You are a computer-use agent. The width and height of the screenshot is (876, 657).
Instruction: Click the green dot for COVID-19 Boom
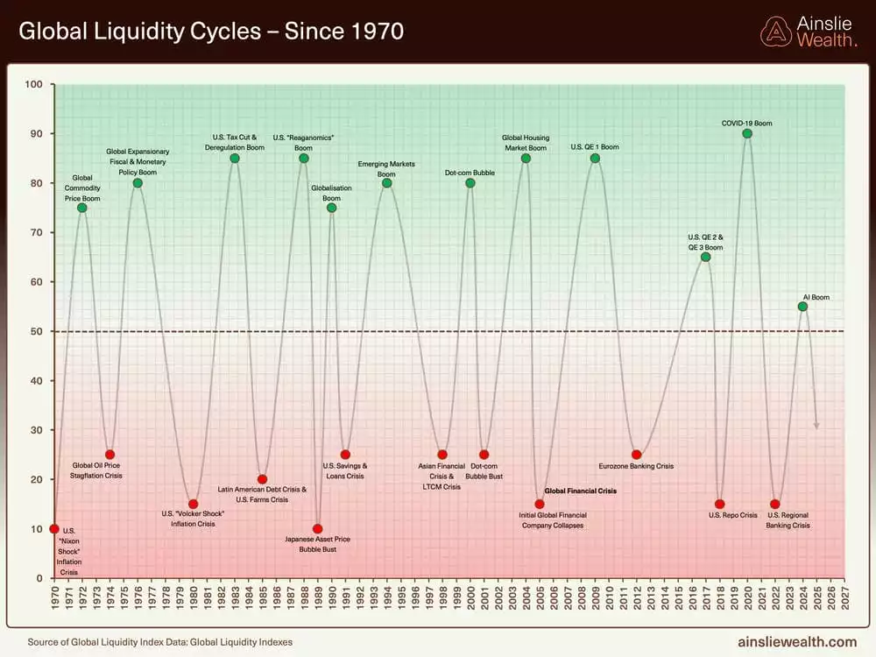pyautogui.click(x=747, y=133)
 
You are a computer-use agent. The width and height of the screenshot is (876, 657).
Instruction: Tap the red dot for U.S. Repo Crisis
pyautogui.click(x=719, y=504)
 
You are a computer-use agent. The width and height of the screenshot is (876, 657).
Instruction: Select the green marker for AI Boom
pyautogui.click(x=802, y=307)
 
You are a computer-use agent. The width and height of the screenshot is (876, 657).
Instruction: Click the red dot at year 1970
pyautogui.click(x=54, y=528)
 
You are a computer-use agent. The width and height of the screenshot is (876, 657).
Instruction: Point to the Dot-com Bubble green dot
pyautogui.click(x=470, y=183)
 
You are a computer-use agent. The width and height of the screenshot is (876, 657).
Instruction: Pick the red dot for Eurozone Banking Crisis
pyautogui.click(x=636, y=455)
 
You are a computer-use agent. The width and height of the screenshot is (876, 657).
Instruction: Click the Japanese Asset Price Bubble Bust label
pyautogui.click(x=317, y=544)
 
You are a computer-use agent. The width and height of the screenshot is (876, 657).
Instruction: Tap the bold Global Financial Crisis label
pyautogui.click(x=581, y=491)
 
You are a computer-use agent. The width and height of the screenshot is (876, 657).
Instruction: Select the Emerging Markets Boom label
pyautogui.click(x=386, y=169)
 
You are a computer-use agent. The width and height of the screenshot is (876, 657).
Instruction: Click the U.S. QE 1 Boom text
pyautogui.click(x=595, y=147)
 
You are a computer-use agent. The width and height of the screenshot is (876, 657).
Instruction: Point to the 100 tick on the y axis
pyautogui.click(x=34, y=84)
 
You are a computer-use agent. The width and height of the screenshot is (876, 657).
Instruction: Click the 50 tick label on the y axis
pyautogui.click(x=37, y=331)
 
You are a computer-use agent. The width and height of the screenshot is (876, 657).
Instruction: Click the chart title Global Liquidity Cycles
pyautogui.click(x=211, y=32)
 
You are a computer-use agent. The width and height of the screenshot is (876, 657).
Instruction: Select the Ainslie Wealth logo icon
pyautogui.click(x=775, y=32)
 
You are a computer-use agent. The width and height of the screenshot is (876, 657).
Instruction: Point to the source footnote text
pyautogui.click(x=160, y=642)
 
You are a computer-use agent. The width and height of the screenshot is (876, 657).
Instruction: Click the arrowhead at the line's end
pyautogui.click(x=816, y=426)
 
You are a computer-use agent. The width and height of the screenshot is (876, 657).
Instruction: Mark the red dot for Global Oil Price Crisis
pyautogui.click(x=109, y=455)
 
